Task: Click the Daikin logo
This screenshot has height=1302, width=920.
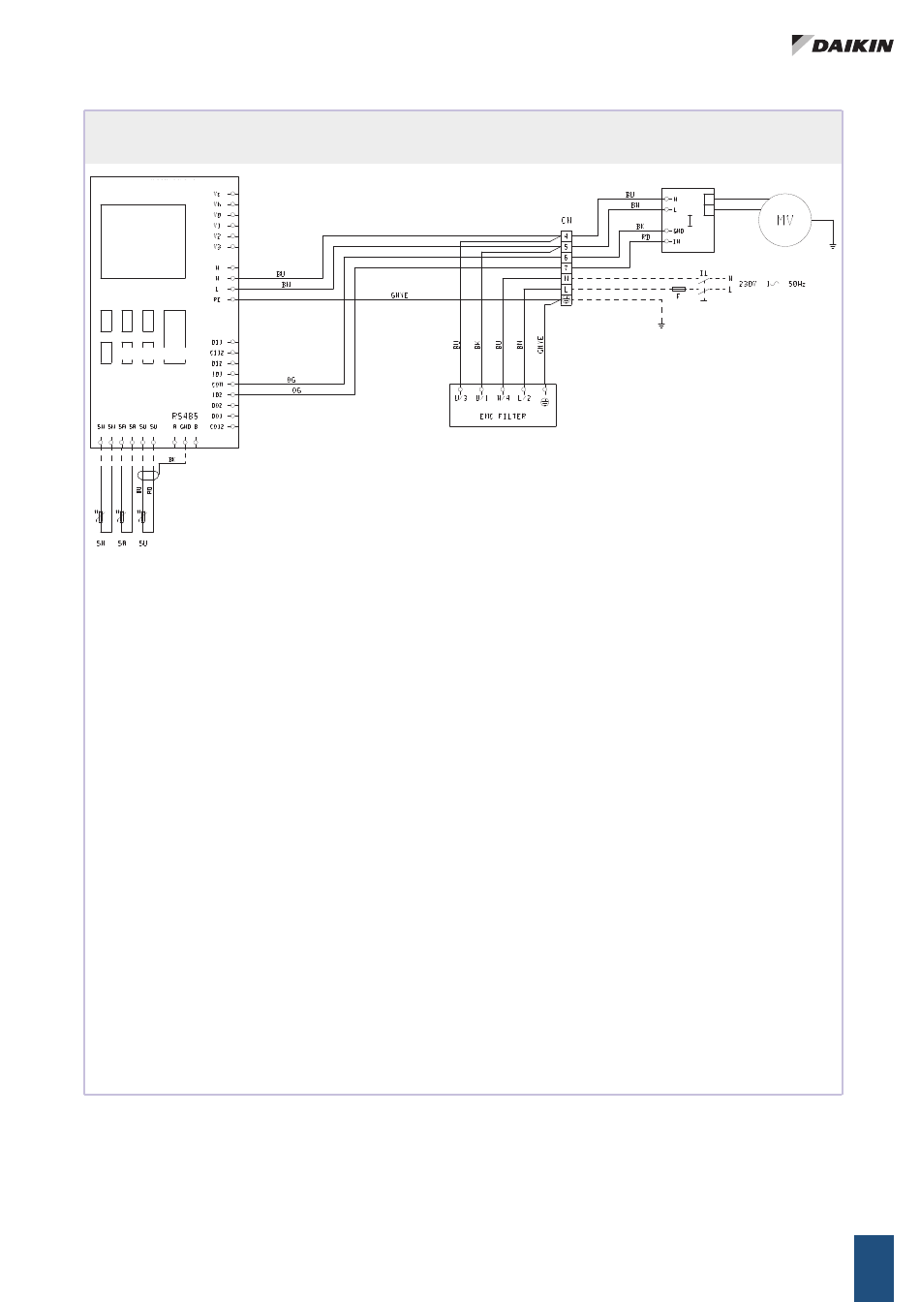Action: (842, 45)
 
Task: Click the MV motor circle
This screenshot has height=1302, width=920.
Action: (784, 221)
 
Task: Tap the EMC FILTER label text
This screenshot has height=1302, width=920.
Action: (503, 417)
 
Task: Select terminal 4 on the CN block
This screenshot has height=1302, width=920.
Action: (567, 236)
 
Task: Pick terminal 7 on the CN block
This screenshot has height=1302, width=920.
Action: (567, 268)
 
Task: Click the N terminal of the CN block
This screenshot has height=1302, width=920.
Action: (567, 279)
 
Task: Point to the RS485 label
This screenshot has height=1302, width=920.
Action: (185, 415)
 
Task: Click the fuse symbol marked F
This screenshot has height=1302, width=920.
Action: (679, 290)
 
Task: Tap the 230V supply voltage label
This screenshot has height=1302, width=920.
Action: (748, 284)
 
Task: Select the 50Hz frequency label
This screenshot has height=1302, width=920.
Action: (795, 284)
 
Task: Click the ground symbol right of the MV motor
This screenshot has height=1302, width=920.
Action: (833, 246)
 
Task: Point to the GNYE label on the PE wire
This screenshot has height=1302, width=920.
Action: (399, 295)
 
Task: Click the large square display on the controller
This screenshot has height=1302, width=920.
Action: (143, 241)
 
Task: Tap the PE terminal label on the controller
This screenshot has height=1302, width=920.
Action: (217, 300)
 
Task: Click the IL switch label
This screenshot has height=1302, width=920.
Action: (704, 273)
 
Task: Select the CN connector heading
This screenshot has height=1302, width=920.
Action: (567, 221)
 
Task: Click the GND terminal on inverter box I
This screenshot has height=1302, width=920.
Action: (678, 231)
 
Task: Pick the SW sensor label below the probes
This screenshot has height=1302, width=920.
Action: (100, 543)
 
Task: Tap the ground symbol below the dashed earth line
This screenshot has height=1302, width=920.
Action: (661, 324)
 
